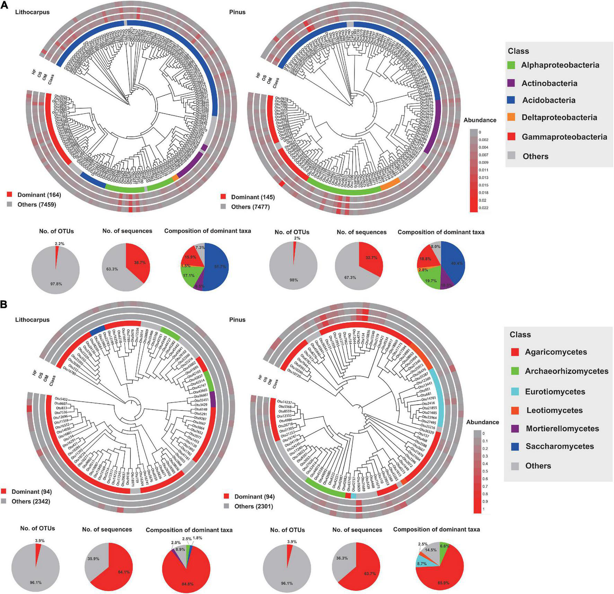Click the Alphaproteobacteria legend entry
560,65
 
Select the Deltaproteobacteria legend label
559,117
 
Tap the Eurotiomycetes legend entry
555,392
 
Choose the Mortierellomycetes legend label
562,428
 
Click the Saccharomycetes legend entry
560,447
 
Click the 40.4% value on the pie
456,263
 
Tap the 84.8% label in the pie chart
187,584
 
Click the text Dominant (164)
39,195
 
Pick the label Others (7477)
250,207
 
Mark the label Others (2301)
253,506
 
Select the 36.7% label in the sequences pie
140,263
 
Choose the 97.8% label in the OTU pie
56,284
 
